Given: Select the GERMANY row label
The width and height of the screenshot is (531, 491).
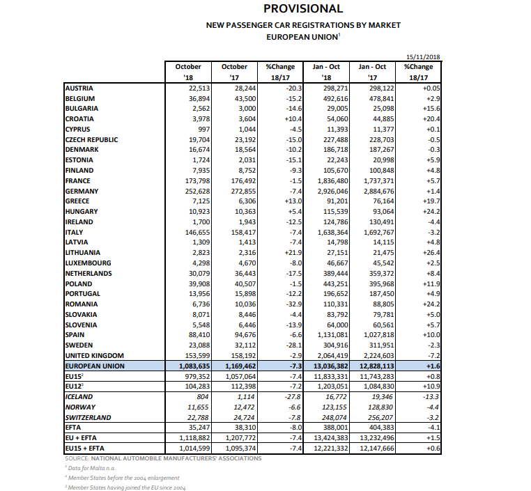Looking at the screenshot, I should point(82,191).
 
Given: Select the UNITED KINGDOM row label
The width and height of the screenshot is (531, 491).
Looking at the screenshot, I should point(93,354).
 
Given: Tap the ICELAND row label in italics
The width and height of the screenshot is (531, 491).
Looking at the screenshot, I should point(79,396).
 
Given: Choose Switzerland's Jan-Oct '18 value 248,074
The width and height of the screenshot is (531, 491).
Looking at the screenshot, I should point(329,416).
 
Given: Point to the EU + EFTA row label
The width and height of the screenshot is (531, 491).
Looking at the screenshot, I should point(82,437).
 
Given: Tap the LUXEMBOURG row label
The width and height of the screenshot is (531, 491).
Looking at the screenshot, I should point(87,263).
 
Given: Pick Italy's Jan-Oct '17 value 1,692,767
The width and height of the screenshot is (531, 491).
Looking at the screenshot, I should point(377,232).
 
